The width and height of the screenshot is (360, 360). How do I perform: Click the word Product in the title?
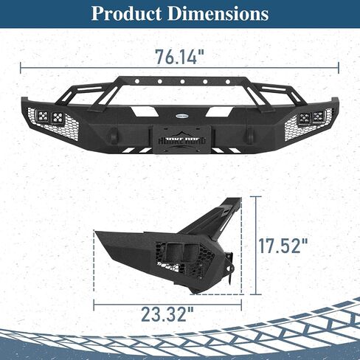point(126,14)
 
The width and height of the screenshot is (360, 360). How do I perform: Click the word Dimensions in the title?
point(218,13)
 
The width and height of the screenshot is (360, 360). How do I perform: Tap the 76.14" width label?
point(180,57)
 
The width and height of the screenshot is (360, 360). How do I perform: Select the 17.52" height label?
point(283,246)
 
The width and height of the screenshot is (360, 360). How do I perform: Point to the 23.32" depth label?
point(167,314)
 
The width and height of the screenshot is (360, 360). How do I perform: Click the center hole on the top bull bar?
point(182,81)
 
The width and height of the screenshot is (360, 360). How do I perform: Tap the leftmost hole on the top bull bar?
point(137,81)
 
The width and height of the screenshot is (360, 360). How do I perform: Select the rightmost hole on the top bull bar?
point(228,81)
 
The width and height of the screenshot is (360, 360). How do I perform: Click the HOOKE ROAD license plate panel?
point(181,140)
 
